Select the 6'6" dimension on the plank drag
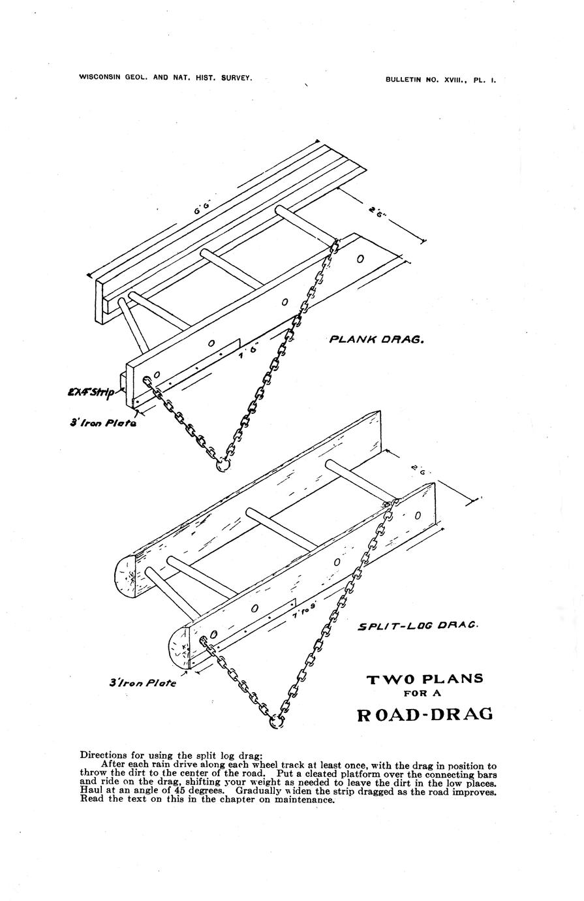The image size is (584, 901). [x=202, y=210]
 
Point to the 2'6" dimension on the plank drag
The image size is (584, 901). [x=377, y=212]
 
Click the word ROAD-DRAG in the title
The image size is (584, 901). [x=425, y=714]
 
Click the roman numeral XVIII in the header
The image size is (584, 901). [x=456, y=80]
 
